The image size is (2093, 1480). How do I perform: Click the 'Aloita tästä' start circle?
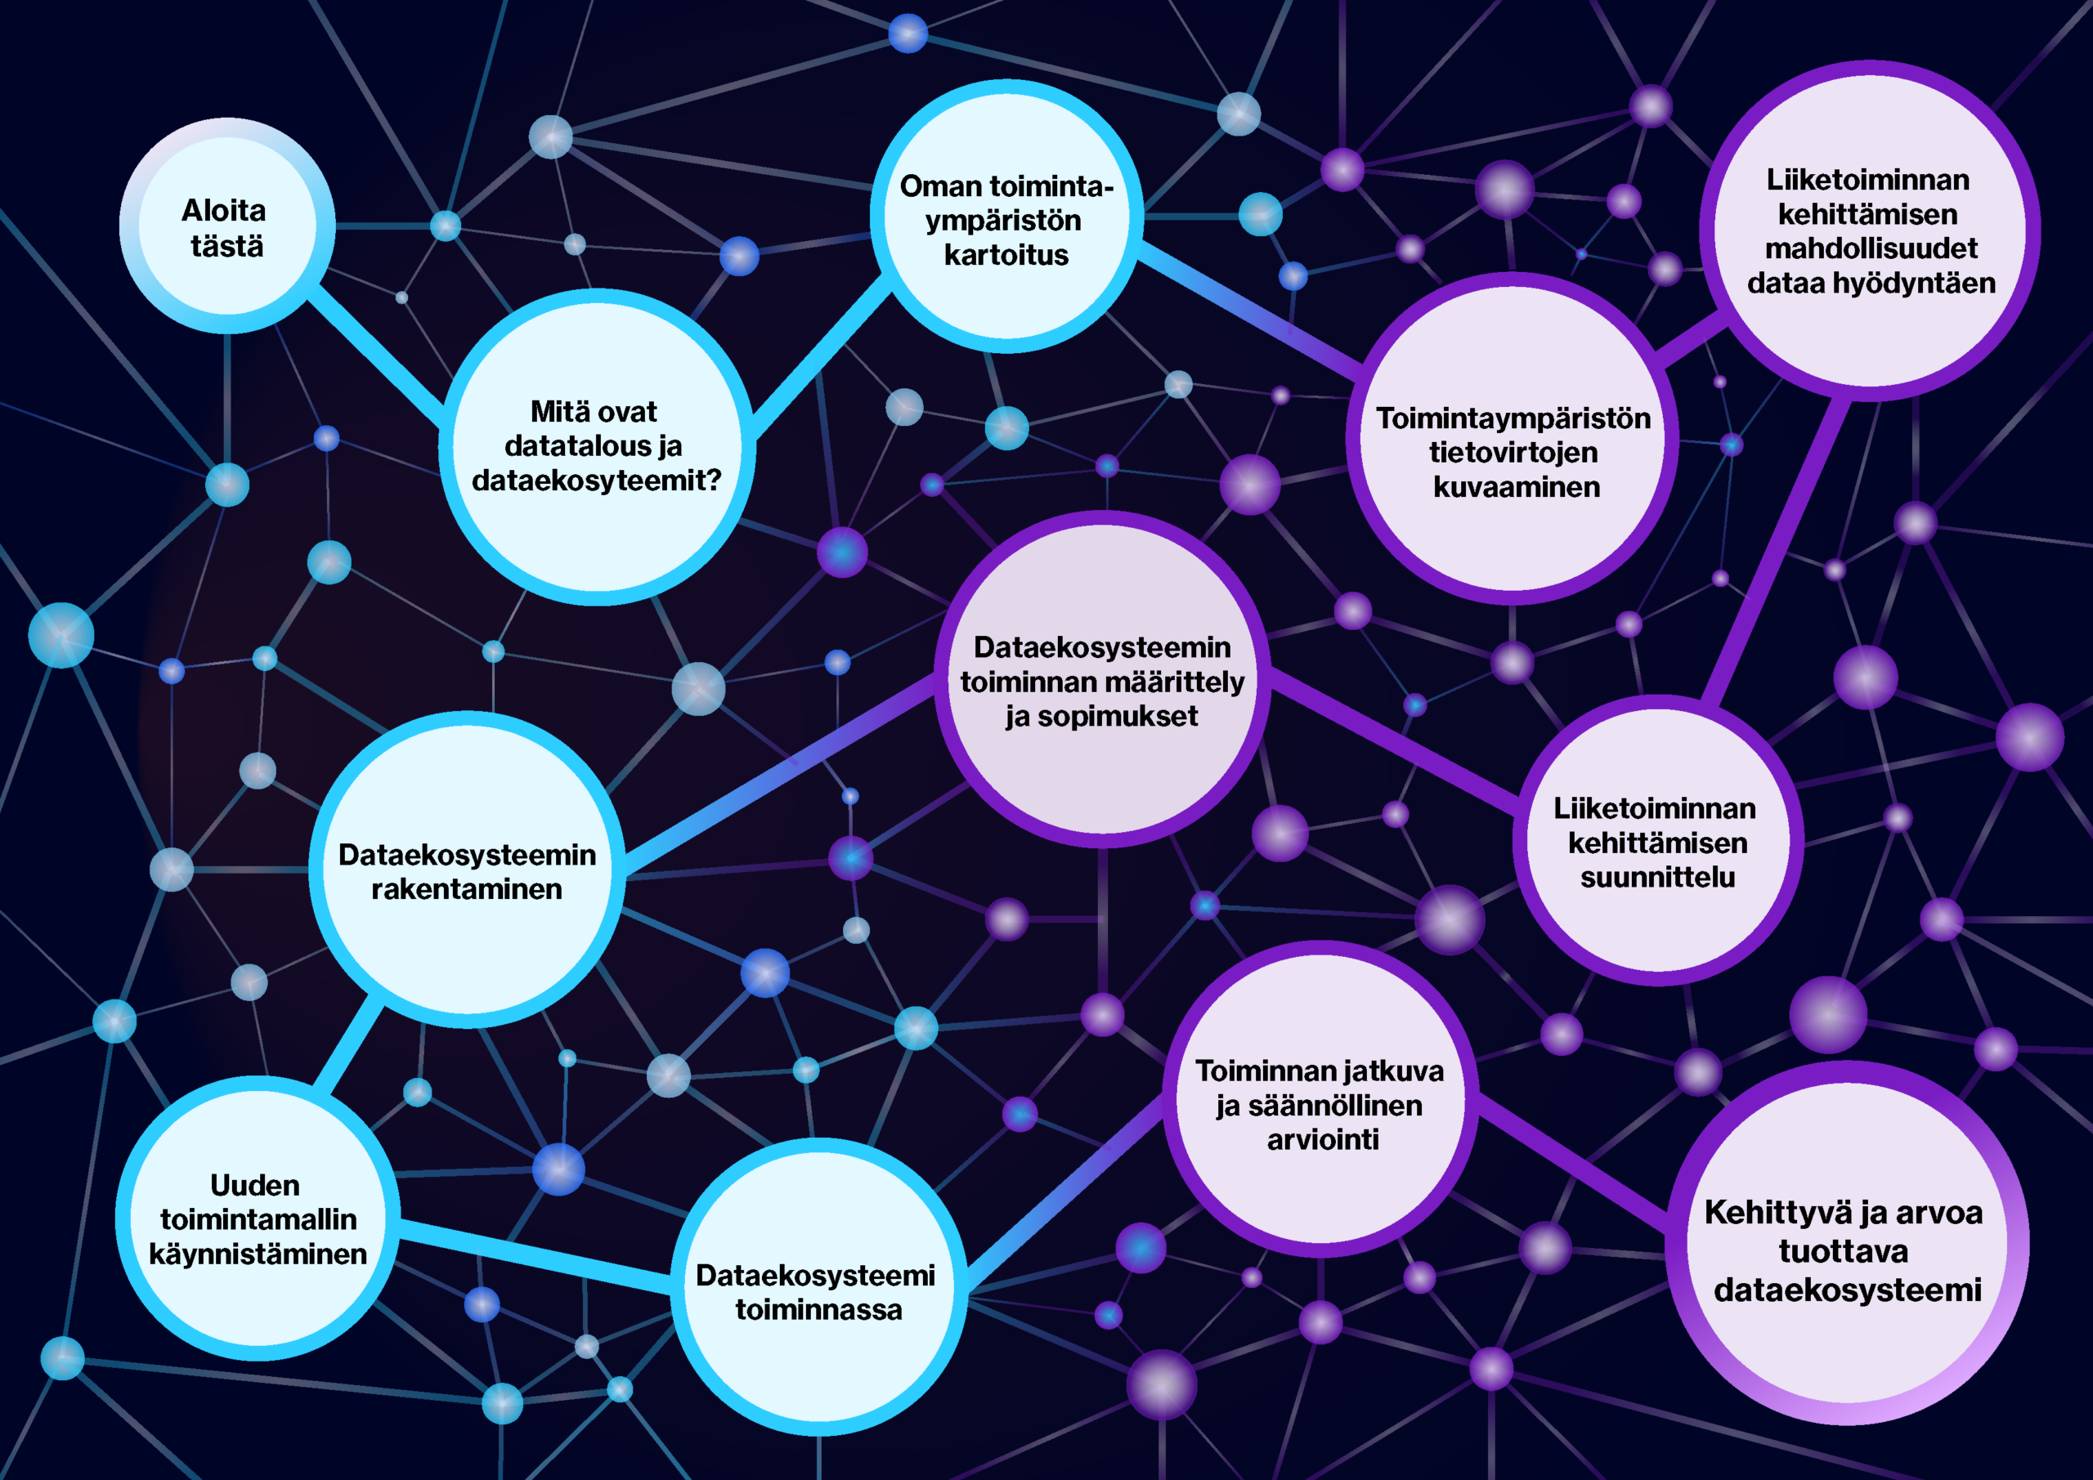[x=227, y=226]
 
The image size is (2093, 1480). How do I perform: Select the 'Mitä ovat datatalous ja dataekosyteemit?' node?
[x=597, y=446]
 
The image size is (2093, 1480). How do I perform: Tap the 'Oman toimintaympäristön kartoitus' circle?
[x=1006, y=216]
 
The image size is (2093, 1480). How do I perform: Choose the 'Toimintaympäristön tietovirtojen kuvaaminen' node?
[x=1513, y=437]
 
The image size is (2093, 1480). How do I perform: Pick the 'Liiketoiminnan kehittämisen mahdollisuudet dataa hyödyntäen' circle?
[x=1870, y=230]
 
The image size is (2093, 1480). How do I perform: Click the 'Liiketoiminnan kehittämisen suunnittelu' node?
[x=1658, y=840]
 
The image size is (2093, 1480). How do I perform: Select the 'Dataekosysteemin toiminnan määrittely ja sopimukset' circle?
[x=1102, y=679]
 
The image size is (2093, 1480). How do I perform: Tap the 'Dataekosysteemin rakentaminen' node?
[x=468, y=870]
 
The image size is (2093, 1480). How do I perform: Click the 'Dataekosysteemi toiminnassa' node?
[x=818, y=1287]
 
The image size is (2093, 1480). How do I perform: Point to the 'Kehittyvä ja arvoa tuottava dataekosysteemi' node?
[x=1848, y=1243]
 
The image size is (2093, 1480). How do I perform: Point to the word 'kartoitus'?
[x=1006, y=255]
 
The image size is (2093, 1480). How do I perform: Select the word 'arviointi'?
[x=1323, y=1140]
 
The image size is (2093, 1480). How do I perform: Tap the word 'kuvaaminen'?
[x=1516, y=488]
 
